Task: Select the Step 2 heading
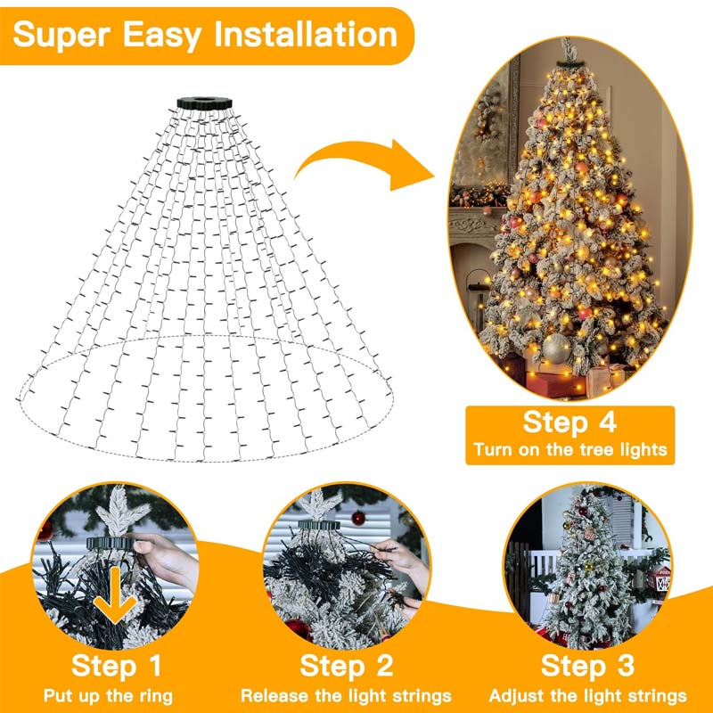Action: [346, 665]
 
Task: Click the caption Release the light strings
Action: [346, 695]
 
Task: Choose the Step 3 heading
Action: [587, 665]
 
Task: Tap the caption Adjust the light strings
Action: [587, 695]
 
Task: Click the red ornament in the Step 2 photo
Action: [358, 518]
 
